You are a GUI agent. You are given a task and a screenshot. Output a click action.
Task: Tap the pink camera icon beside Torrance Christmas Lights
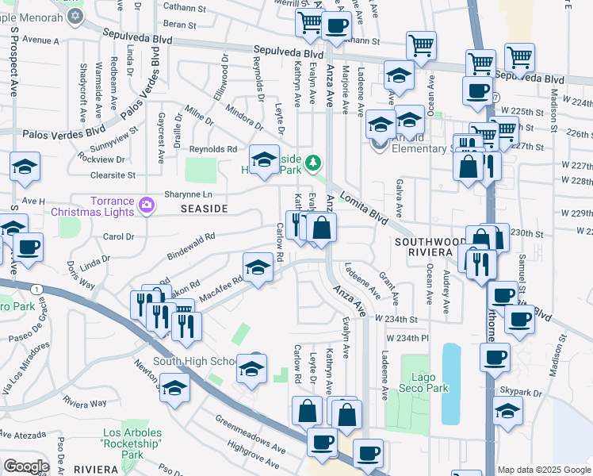tap(147, 205)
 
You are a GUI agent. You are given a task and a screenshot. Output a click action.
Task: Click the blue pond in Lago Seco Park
tap(450, 382)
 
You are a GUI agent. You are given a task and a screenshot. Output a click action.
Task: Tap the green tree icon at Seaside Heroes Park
tap(314, 163)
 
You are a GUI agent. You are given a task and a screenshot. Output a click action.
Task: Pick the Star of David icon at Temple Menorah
tap(75, 16)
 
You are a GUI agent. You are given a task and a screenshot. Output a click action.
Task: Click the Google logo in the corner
tap(26, 466)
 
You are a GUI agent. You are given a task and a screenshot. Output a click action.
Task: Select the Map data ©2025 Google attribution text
tap(544, 470)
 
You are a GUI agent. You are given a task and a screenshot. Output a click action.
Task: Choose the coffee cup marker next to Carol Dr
tap(28, 248)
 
